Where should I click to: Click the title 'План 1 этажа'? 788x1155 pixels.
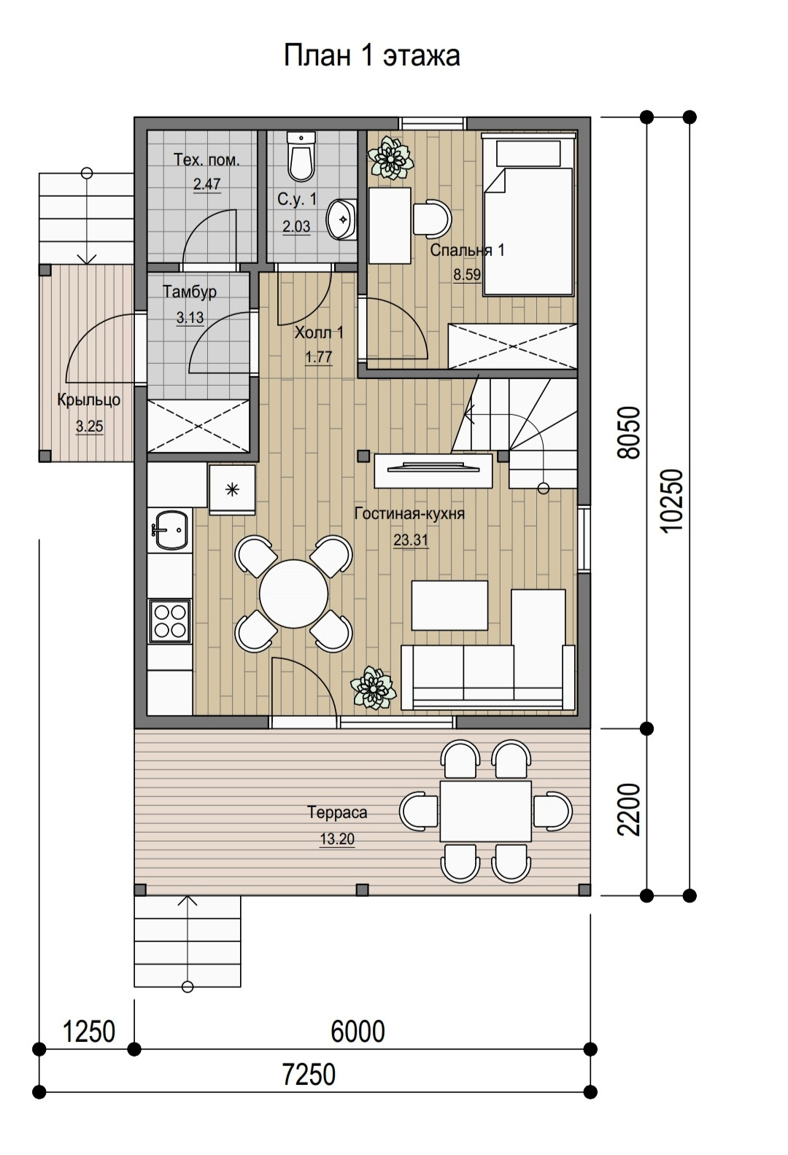(x=371, y=55)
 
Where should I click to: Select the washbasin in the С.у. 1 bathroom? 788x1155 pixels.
(x=341, y=219)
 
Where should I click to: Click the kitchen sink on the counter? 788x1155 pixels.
(x=170, y=529)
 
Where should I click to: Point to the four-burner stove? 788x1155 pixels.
(x=170, y=621)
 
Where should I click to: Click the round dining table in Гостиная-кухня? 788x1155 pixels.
(x=293, y=593)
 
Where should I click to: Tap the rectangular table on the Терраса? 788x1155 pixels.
(x=486, y=811)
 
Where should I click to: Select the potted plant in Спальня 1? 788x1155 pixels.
(x=390, y=157)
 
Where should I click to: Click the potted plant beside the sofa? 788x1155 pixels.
(x=373, y=688)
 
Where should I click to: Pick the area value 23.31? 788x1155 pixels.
(x=411, y=540)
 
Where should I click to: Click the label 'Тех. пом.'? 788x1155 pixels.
(x=206, y=160)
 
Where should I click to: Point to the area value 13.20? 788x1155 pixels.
(x=337, y=839)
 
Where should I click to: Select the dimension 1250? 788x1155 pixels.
(x=88, y=1031)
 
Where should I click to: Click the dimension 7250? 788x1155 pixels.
(x=309, y=1074)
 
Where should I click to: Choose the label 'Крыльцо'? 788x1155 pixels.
(x=89, y=400)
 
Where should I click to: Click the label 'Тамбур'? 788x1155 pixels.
(x=190, y=292)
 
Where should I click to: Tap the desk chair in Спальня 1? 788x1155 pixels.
(x=433, y=219)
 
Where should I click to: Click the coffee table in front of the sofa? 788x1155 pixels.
(x=449, y=604)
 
